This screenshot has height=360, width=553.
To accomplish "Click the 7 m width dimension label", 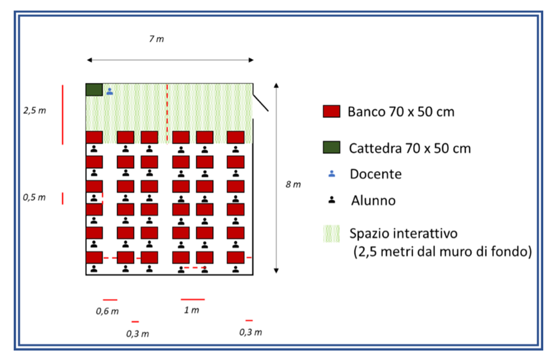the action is tap(157, 39).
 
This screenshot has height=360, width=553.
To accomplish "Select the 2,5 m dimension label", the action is tap(35, 110).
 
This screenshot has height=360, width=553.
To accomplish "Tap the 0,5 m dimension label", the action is tap(34, 197).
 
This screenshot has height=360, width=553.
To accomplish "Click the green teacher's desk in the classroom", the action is tap(93, 90).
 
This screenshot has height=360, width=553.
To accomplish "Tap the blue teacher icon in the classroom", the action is tap(110, 91).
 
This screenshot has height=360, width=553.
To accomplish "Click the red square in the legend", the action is tap(332, 111).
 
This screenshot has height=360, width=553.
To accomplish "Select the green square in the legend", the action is tap(332, 148).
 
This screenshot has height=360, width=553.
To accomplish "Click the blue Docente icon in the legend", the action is tap(331, 174).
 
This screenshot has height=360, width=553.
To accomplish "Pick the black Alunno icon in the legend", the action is tap(331, 200).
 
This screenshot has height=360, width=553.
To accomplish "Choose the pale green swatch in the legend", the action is tap(332, 233).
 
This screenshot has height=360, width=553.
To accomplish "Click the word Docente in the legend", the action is tap(376, 174).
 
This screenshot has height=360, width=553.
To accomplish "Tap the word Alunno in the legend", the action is tap(373, 200).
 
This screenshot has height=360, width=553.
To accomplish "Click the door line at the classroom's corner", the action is tap(261, 102).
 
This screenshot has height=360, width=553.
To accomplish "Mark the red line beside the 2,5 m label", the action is tap(63, 114).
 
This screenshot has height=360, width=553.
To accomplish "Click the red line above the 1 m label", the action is tap(193, 300).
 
